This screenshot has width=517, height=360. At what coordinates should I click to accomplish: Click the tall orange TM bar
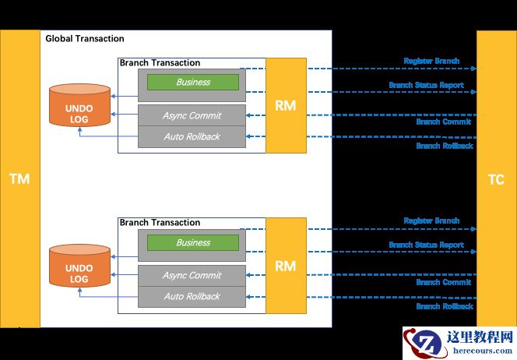[19, 178]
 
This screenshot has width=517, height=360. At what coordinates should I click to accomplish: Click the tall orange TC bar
[496, 178]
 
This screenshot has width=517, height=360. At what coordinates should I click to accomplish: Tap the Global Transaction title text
[85, 39]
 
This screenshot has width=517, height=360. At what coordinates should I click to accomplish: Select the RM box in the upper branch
[286, 105]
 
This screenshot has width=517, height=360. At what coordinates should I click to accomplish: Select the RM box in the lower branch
[286, 266]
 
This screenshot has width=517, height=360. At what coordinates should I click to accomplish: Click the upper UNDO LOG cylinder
[79, 105]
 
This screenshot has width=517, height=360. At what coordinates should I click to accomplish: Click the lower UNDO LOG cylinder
[79, 266]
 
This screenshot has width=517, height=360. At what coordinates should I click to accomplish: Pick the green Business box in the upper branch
[193, 82]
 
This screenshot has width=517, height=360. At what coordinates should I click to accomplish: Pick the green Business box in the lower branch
[193, 242]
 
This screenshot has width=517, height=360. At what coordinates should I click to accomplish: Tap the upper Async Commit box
[192, 115]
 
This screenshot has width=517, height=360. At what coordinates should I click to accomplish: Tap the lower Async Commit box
[192, 275]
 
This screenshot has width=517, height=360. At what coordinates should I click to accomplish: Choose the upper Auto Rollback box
[192, 136]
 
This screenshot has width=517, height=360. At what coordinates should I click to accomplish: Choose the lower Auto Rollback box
[192, 296]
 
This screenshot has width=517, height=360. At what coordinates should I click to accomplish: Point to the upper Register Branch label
[431, 61]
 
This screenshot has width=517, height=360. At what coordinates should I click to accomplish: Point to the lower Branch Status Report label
[426, 245]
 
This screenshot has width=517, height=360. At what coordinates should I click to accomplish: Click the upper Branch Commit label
[444, 122]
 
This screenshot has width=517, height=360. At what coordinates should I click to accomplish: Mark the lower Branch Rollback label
[444, 306]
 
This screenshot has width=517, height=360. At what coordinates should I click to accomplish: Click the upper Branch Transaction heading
[160, 63]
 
